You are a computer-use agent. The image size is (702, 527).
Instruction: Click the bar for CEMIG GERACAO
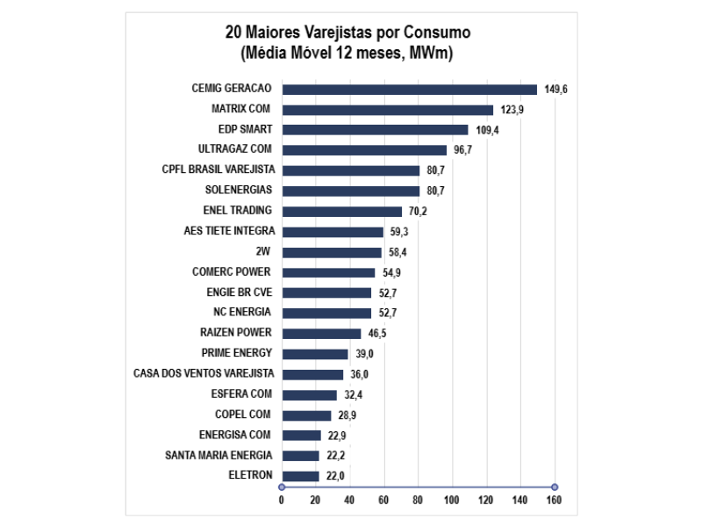click(409, 90)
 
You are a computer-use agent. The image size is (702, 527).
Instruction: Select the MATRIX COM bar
click(387, 110)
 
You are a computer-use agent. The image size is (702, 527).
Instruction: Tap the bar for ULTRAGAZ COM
click(364, 150)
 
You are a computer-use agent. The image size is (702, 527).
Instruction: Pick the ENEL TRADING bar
click(341, 212)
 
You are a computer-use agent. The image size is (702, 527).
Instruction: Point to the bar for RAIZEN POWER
click(321, 334)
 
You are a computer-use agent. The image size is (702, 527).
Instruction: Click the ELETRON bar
click(300, 476)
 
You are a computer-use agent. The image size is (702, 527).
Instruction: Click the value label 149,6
click(555, 90)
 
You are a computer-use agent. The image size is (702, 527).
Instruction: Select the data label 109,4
click(487, 130)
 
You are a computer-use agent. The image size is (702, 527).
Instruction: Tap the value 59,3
click(401, 232)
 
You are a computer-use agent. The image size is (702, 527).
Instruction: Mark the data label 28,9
click(348, 415)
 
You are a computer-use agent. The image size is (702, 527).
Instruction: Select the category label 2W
click(263, 251)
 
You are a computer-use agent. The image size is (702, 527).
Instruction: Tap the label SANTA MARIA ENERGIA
click(218, 455)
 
